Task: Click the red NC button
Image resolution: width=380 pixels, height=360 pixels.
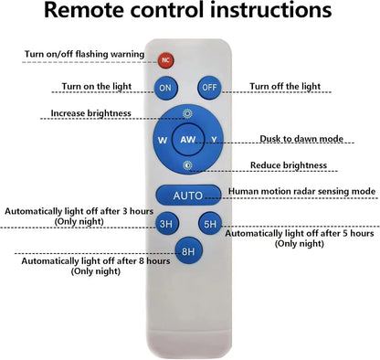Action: [x=165, y=60]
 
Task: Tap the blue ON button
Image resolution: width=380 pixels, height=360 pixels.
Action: [x=165, y=88]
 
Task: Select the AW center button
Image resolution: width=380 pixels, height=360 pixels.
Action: [x=187, y=140]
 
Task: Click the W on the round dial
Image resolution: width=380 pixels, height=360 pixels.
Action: [x=163, y=140]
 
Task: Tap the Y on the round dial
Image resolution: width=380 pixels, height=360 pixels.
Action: [x=215, y=140]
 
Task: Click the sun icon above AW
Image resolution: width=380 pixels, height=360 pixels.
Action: [x=187, y=113]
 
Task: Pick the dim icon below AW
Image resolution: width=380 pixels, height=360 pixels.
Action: [x=187, y=165]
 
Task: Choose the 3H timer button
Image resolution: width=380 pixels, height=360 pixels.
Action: [x=166, y=224]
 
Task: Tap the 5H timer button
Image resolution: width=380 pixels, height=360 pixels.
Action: [x=210, y=224]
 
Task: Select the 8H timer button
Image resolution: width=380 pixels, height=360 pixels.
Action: [x=188, y=251]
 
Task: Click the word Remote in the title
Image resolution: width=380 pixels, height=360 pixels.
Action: [x=84, y=10]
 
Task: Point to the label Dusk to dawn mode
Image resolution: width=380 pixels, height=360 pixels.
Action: [x=301, y=139]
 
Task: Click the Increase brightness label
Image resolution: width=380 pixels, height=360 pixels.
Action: [x=90, y=113]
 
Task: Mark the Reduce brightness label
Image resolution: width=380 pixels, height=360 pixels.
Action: [x=289, y=165]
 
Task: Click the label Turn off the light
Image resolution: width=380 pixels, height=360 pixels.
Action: [x=285, y=86]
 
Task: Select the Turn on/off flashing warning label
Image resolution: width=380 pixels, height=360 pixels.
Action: [x=84, y=54]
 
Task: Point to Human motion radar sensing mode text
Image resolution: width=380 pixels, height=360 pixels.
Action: [x=301, y=191]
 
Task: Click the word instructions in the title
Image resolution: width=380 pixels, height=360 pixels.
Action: [x=270, y=10]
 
